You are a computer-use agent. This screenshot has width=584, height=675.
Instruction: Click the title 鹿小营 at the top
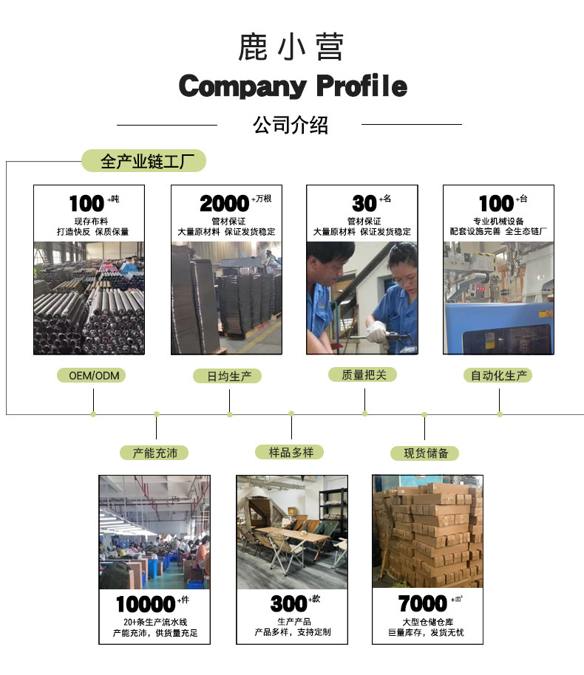pyautogui.click(x=291, y=47)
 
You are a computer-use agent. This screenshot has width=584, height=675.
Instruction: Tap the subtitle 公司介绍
pyautogui.click(x=291, y=125)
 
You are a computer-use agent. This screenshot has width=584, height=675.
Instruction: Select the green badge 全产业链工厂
pyautogui.click(x=143, y=161)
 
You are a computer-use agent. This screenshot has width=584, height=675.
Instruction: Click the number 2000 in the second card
pyautogui.click(x=224, y=203)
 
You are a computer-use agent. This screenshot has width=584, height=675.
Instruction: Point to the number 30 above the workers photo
pyautogui.click(x=364, y=203)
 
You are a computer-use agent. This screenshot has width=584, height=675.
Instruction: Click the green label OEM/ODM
pyautogui.click(x=92, y=375)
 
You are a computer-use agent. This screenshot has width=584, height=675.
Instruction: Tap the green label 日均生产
pyautogui.click(x=229, y=376)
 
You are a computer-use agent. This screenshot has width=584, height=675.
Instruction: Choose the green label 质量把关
pyautogui.click(x=364, y=374)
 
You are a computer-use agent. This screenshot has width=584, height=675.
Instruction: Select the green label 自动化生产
pyautogui.click(x=499, y=375)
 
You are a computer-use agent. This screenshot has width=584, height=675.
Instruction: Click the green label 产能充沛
pyautogui.click(x=155, y=453)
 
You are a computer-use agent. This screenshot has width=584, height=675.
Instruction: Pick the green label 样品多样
pyautogui.click(x=291, y=451)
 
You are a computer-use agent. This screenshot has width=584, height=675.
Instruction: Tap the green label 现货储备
pyautogui.click(x=425, y=453)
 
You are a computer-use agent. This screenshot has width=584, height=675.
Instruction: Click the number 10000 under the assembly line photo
pyautogui.click(x=146, y=604)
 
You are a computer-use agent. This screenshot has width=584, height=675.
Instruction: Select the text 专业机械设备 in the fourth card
pyautogui.click(x=498, y=221)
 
